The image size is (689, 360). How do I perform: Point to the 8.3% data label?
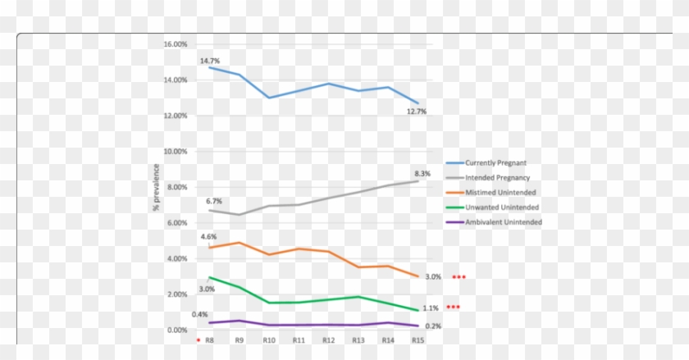pos(422,174)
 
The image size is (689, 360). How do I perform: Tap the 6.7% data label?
pos(214,201)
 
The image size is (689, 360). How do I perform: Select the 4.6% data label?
pos(208,236)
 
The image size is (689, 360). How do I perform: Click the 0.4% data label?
pos(199,314)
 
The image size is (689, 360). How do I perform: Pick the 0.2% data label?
pos(433,326)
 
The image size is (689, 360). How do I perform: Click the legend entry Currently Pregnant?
pos(496,162)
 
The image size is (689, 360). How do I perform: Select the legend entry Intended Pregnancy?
pos(497,177)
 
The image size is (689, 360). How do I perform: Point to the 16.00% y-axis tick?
pos(176,44)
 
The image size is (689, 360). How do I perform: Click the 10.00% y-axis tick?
pos(176,152)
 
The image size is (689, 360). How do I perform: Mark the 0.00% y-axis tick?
pos(177,330)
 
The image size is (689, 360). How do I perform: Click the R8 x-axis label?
pos(209,339)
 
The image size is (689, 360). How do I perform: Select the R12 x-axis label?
pos(328,339)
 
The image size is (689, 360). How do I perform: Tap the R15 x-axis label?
pos(418,339)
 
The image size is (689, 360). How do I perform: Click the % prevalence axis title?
pos(156,187)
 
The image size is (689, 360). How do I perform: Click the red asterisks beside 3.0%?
pos(459,277)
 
